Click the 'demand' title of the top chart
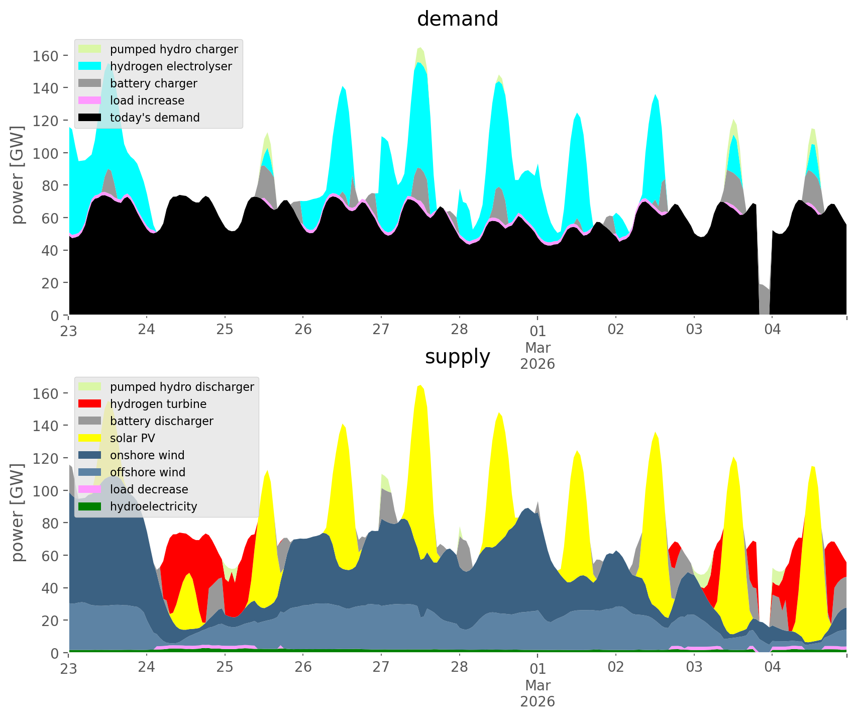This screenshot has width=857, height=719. (x=457, y=19)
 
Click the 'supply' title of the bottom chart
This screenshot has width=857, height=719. (x=457, y=357)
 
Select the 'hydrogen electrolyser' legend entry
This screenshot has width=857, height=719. (x=171, y=66)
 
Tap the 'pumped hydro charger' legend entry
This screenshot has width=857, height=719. (x=174, y=49)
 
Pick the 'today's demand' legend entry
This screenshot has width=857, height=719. (x=155, y=118)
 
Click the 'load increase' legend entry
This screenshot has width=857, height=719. (x=147, y=100)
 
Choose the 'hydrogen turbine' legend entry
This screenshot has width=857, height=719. (x=158, y=404)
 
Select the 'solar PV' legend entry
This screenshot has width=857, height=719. (x=133, y=438)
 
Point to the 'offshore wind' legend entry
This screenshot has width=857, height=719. (x=148, y=472)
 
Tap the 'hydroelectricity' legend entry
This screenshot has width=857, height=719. (x=153, y=506)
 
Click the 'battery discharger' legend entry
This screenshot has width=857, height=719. (x=161, y=421)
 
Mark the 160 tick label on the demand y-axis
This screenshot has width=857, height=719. (x=45, y=56)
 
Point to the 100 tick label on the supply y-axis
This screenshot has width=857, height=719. (x=45, y=491)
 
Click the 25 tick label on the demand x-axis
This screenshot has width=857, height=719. (x=225, y=330)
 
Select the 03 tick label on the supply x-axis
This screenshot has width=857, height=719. (x=694, y=667)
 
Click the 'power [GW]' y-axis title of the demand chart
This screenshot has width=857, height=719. (x=18, y=175)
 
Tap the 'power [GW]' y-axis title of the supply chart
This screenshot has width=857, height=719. (x=18, y=512)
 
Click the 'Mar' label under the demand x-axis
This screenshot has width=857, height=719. (x=538, y=348)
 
